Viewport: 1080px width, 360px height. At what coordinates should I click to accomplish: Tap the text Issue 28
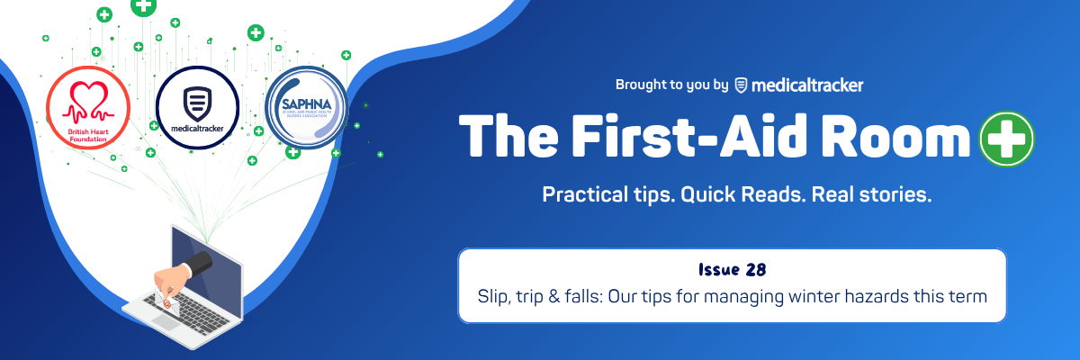[731, 270]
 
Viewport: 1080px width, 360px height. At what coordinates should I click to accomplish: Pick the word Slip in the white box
[493, 294]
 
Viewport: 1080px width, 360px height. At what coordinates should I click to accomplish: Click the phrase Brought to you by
[671, 85]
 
